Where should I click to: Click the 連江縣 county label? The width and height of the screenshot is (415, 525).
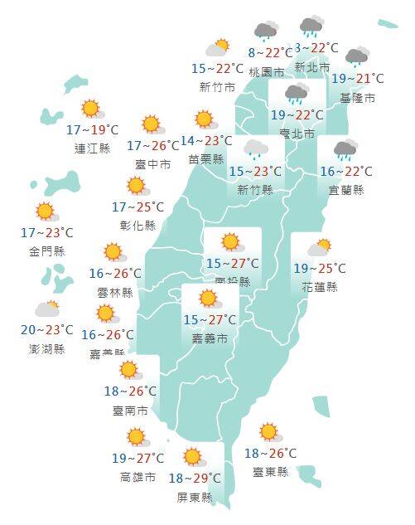point(93,148)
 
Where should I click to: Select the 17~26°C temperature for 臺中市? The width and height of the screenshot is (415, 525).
point(153,146)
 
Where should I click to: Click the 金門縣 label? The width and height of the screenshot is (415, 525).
point(47,250)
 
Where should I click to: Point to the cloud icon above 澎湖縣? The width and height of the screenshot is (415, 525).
point(47,309)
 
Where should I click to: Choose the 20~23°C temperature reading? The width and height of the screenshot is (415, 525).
point(47,330)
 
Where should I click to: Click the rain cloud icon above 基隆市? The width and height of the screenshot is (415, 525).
point(357,57)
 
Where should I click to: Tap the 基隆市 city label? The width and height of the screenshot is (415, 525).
point(358,97)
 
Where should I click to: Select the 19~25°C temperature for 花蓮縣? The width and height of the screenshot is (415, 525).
point(320,268)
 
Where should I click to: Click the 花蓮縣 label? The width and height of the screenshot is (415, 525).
point(320,287)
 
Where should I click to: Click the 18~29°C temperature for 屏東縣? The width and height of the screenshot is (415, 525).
point(195,479)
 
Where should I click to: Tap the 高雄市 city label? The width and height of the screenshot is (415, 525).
point(138,477)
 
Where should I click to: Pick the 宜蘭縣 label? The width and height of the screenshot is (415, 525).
point(346,190)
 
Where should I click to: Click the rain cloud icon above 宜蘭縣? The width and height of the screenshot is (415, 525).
point(345,151)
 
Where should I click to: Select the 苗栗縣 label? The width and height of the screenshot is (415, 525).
point(206,159)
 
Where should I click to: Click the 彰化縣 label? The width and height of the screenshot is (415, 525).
point(138,225)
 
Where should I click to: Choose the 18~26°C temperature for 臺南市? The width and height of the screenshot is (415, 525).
point(131,391)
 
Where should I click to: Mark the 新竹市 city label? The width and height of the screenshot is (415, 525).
point(217,87)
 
